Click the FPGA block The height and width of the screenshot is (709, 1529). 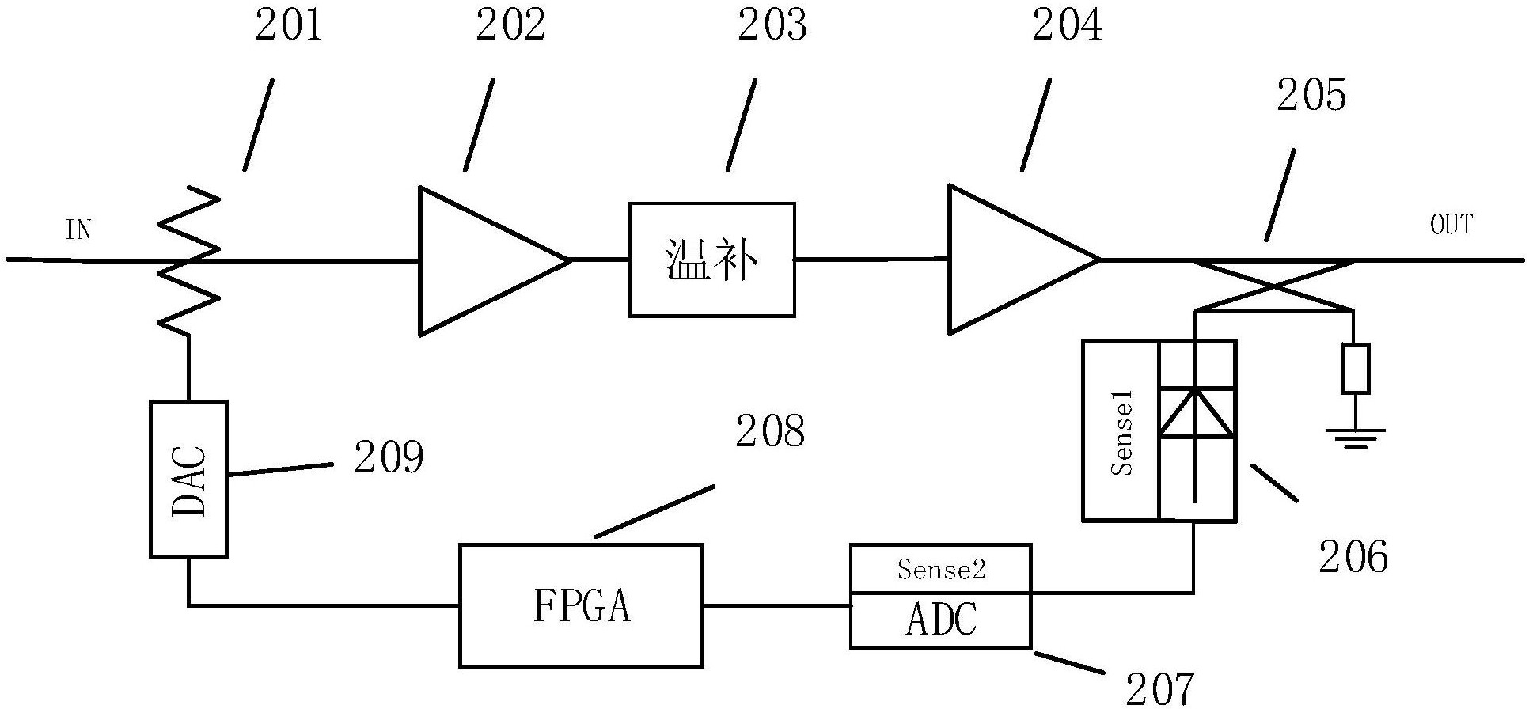point(581,605)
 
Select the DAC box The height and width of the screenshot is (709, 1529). point(189,479)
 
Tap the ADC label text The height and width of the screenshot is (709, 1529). point(940,620)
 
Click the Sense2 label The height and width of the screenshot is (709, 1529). point(940,569)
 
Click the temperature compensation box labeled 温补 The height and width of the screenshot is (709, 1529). point(711,260)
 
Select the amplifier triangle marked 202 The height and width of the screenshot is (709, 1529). point(483,260)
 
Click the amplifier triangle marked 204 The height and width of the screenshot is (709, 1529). point(1013,259)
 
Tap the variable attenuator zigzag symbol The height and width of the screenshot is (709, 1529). point(188,259)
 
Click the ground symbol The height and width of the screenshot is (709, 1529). point(1355,437)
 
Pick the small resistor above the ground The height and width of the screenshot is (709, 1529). point(1355,369)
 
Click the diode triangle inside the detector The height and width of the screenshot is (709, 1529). point(1196,412)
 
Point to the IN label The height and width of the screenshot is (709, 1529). point(78,230)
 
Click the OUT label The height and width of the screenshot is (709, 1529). point(1451,225)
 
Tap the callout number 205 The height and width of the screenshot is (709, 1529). point(1311,96)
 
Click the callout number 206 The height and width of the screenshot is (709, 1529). point(1353,557)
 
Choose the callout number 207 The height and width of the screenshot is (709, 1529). point(1159,688)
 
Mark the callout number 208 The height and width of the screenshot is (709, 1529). point(770,432)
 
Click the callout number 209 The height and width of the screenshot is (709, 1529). point(389,457)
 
